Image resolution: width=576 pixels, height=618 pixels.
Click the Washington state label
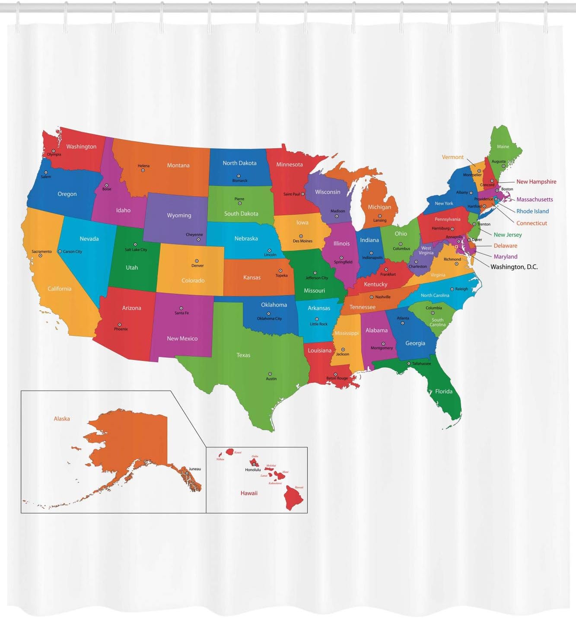(x=81, y=147)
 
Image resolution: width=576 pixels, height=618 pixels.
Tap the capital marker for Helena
(x=143, y=170)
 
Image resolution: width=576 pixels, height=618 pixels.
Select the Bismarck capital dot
(x=239, y=176)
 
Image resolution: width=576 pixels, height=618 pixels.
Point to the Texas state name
(x=243, y=355)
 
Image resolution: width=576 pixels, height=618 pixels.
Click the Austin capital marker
(x=270, y=374)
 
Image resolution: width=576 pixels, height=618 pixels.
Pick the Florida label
(x=444, y=392)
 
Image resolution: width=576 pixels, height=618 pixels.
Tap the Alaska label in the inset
(x=62, y=419)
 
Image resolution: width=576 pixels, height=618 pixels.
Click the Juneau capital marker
(x=187, y=473)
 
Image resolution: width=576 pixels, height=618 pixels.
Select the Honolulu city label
(x=253, y=470)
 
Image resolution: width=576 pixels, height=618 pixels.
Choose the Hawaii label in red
(x=249, y=493)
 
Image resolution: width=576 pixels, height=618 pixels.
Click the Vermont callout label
(x=452, y=157)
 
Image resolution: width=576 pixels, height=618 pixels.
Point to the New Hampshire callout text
(x=536, y=182)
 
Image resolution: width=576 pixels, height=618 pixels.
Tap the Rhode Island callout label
(x=532, y=211)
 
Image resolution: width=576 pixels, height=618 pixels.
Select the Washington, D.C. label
(x=514, y=267)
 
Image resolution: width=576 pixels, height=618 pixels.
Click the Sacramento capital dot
(x=41, y=256)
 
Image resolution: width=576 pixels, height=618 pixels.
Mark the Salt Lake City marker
(x=135, y=245)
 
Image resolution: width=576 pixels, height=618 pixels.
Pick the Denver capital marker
(x=197, y=261)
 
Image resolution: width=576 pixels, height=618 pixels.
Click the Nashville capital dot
(x=372, y=297)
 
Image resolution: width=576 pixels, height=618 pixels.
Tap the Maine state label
(x=503, y=147)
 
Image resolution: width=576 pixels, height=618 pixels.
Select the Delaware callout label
(x=505, y=246)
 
